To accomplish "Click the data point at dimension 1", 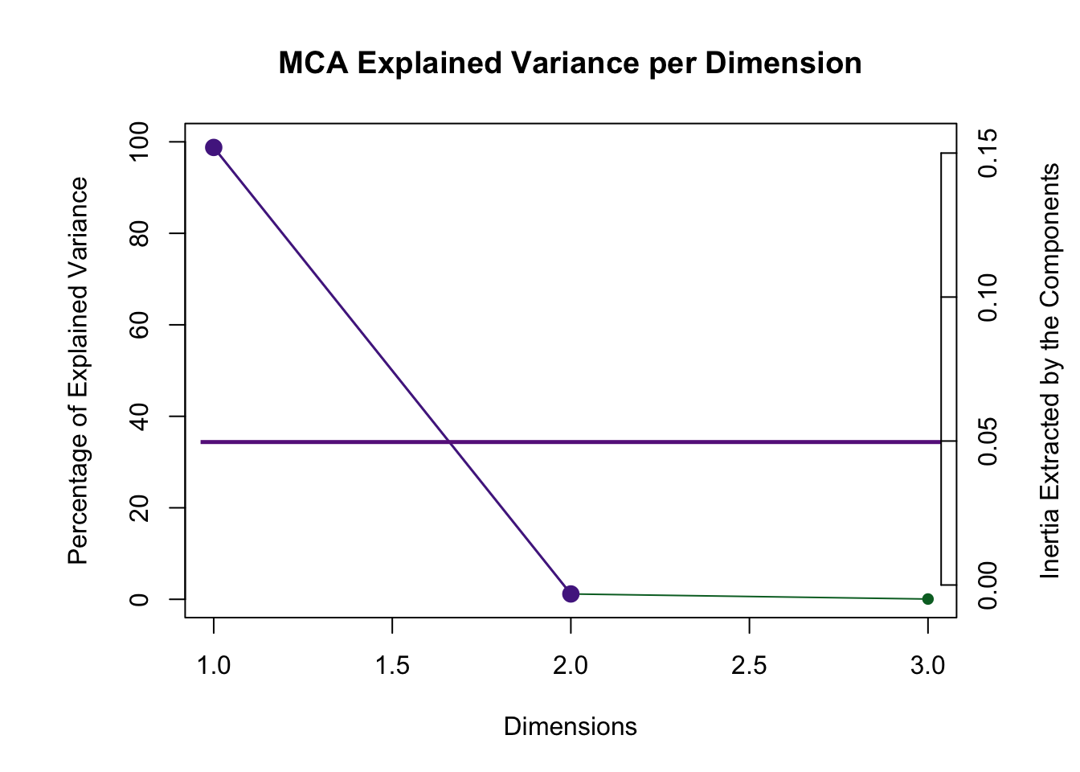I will tap(214, 147).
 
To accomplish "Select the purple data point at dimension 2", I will tap(571, 593).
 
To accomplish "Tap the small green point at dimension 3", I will tap(927, 598).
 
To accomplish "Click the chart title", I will tap(570, 63).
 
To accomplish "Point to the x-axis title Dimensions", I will tap(570, 726).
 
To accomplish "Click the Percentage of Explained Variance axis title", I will tap(78, 371).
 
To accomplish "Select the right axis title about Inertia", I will tap(1049, 371).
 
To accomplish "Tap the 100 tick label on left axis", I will tap(139, 142).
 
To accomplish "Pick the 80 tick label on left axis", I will tap(139, 233).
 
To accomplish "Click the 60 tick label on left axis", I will tap(139, 325).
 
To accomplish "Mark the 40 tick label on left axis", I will tap(139, 417).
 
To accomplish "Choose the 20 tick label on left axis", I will tap(139, 507).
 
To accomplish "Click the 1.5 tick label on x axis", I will tap(392, 665).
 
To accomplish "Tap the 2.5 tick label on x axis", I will tap(749, 665).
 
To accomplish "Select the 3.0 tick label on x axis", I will tap(927, 665).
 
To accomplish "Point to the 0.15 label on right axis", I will tap(988, 153).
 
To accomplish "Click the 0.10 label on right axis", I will tap(988, 297).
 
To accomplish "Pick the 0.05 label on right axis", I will tap(988, 441).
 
